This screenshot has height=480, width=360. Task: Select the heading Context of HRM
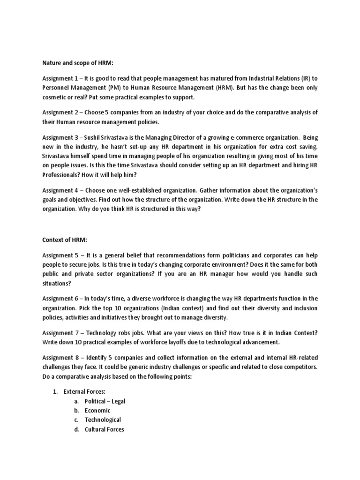[65, 240]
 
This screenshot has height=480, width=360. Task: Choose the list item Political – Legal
[105, 401]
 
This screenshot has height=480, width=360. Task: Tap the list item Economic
[97, 411]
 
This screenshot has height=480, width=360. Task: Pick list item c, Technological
[103, 420]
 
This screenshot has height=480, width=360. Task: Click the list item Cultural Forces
[104, 429]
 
